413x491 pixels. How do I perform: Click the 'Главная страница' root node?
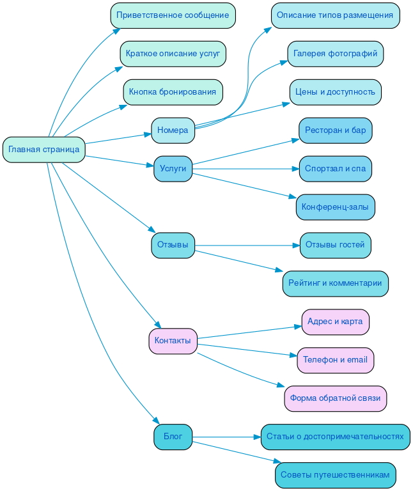coord(44,150)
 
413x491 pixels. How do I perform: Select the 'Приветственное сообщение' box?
coord(173,15)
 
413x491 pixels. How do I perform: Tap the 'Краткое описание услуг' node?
coord(173,54)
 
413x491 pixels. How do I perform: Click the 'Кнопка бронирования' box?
coord(173,92)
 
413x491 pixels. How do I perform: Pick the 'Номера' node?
coord(173,130)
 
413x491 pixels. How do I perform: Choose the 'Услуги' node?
coord(173,169)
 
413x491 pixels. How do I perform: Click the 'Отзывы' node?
coord(173,245)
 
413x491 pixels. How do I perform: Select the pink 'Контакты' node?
coord(173,341)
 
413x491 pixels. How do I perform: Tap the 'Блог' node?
coord(173,437)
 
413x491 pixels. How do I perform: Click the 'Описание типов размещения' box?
coord(336,15)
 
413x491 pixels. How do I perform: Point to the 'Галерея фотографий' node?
coord(336,54)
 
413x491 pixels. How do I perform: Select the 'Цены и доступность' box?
coord(336,92)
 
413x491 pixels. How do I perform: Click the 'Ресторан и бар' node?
coord(336,130)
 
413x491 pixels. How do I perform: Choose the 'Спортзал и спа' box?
coord(336,169)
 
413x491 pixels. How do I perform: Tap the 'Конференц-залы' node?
coord(336,207)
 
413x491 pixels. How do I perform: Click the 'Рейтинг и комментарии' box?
coord(336,283)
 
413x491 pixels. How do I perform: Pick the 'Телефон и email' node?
coord(336,360)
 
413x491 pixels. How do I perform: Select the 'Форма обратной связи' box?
coord(336,398)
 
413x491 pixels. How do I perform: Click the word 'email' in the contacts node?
coord(357,360)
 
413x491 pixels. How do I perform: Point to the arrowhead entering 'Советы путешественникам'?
coord(277,461)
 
